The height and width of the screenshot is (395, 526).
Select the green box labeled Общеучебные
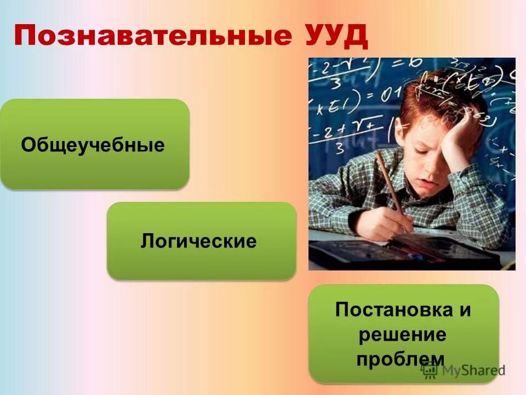click(x=94, y=144)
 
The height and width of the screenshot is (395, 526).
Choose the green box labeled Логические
click(x=201, y=241)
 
